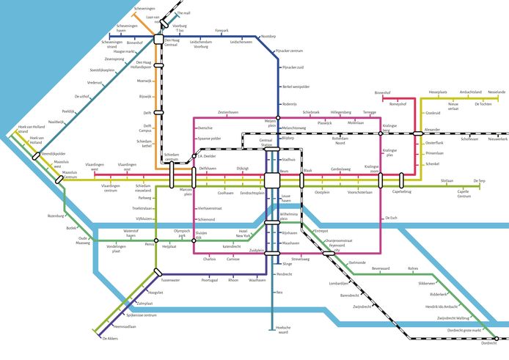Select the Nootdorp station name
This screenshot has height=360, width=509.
pyautogui.click(x=268, y=37)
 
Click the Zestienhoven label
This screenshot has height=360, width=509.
pyautogui.click(x=228, y=112)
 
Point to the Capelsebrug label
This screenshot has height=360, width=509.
pyautogui.click(x=401, y=192)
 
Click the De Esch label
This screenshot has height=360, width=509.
pyautogui.click(x=390, y=218)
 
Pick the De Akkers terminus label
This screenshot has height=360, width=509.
pyautogui.click(x=110, y=338)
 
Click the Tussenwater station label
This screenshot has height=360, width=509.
pyautogui.click(x=170, y=280)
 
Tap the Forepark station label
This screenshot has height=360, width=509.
pyautogui.click(x=221, y=30)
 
